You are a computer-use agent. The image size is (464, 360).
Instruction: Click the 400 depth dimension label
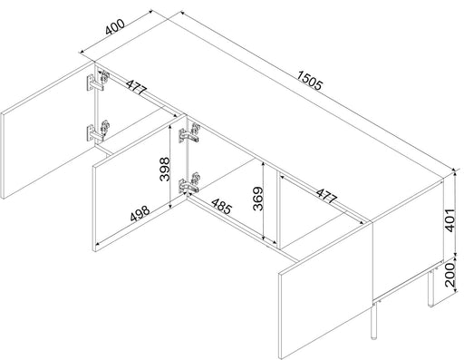[115, 26]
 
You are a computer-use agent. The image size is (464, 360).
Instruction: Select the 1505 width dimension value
[310, 81]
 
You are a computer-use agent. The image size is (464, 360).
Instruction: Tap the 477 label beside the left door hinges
[137, 87]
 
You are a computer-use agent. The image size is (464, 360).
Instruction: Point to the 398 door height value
[165, 169]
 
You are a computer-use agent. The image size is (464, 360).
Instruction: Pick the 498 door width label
[140, 213]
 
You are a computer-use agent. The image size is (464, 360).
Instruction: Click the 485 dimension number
[222, 207]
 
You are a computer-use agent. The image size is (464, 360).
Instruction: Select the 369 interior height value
[258, 199]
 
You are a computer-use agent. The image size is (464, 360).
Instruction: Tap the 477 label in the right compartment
[326, 196]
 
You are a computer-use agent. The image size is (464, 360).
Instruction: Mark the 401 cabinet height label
[450, 220]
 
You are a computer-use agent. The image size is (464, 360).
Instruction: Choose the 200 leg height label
[450, 275]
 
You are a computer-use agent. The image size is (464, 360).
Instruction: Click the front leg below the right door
[374, 320]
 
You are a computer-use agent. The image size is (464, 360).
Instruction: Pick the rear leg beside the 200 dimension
[430, 288]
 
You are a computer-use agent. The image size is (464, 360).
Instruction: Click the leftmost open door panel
[48, 130]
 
